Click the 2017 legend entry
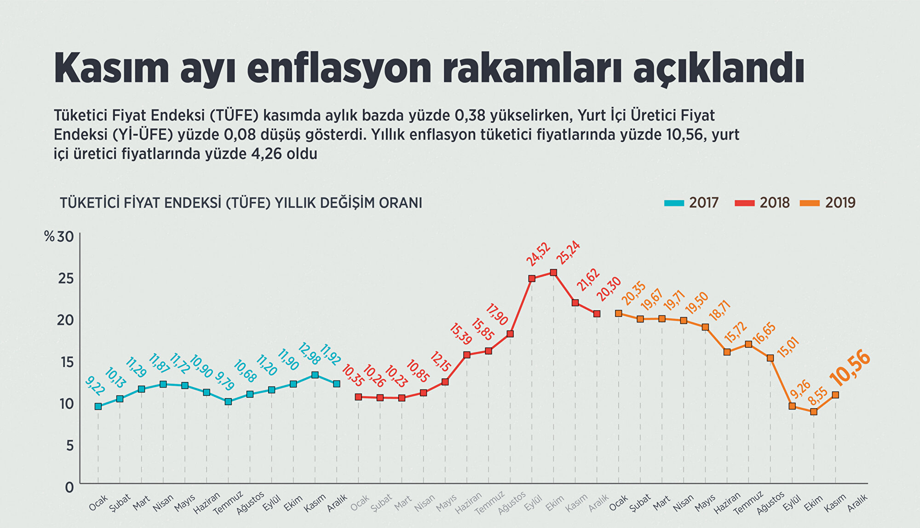[692, 203]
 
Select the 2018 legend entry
[762, 203]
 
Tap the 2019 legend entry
[828, 203]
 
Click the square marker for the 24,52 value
[532, 279]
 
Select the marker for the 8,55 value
[814, 412]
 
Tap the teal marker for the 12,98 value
[315, 375]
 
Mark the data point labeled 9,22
[98, 406]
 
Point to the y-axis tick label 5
[69, 445]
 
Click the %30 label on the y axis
[59, 237]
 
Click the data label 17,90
[497, 315]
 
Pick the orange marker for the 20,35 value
[619, 313]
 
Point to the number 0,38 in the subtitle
[471, 115]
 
